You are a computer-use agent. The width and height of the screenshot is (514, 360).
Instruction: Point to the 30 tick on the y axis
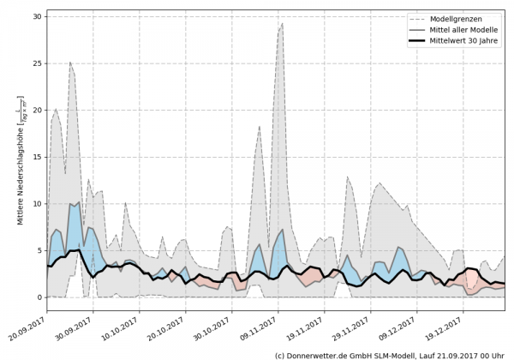coord(38,16)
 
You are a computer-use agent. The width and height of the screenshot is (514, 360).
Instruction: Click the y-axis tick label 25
coord(38,63)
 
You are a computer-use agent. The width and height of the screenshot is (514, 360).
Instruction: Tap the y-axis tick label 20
coord(38,111)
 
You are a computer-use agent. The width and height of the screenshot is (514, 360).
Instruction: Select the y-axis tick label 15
coord(38,157)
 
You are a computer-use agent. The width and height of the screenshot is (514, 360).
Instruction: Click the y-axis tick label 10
coord(38,204)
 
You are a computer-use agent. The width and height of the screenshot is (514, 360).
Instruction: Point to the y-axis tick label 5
coord(40,250)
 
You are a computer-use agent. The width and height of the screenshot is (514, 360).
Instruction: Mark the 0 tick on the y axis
coord(40,297)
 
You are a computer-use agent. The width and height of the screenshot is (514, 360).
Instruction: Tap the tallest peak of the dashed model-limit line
coord(282,24)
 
